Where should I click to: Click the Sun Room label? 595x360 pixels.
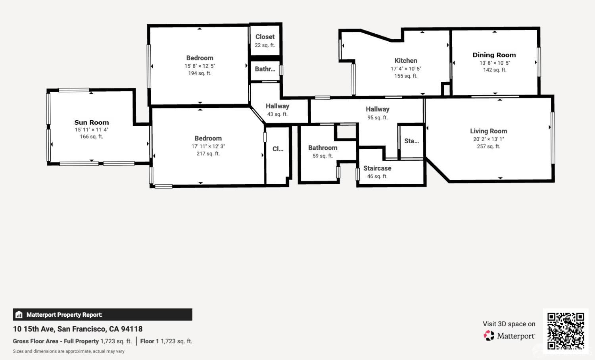coord(92,122)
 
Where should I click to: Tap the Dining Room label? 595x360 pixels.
coord(494,55)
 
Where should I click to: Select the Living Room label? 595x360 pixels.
coord(488,131)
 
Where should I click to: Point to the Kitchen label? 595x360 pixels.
coord(406,61)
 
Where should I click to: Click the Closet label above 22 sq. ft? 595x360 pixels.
coord(265,37)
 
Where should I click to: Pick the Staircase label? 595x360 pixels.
coord(377,168)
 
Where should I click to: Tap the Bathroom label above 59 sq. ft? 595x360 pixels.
coord(323,148)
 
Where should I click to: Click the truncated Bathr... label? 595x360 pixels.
coord(265,69)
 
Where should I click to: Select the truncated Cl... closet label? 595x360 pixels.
coord(278,149)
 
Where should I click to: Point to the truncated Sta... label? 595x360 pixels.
coord(411,141)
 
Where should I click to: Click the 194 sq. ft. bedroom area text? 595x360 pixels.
coord(200,73)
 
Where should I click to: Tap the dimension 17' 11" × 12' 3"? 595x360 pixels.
coord(208,146)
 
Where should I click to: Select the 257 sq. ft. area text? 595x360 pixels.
coord(488,146)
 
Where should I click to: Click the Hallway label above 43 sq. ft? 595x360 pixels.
coord(277,106)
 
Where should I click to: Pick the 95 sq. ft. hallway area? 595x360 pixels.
coord(378,117)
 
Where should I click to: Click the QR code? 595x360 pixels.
coord(566,331)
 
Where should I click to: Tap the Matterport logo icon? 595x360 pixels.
coord(489,335)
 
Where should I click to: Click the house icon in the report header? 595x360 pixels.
coord(19,314)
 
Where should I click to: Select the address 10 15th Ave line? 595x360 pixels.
coord(78,329)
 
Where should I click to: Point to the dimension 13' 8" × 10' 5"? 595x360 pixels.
coord(495,63)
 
